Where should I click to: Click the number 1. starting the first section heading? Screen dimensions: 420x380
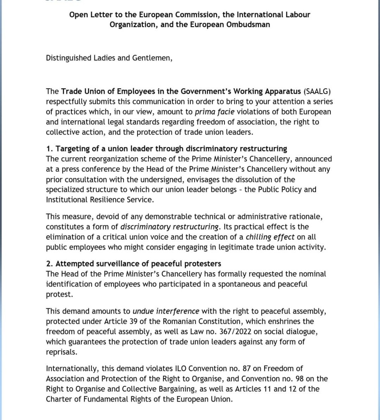click(49, 149)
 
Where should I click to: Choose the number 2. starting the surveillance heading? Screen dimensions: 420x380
click(49, 264)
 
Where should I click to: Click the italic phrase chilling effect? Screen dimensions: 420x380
click(270, 237)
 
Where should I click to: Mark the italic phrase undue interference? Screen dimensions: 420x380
click(166, 311)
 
